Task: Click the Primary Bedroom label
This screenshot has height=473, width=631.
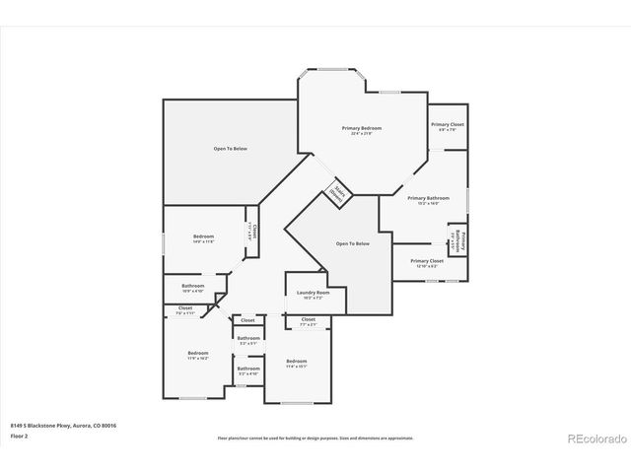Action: [362, 128]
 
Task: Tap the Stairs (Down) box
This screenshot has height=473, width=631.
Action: [338, 193]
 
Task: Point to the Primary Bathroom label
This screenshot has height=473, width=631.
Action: [428, 198]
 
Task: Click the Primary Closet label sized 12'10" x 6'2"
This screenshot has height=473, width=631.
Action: [426, 261]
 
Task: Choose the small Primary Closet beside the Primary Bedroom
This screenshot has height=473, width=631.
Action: [447, 125]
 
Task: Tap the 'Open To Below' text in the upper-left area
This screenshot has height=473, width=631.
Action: [231, 148]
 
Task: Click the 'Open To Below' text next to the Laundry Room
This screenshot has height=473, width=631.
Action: [352, 243]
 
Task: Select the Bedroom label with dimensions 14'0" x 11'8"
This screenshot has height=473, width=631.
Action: [203, 236]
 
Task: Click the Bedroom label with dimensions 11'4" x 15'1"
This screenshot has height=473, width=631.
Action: [297, 362]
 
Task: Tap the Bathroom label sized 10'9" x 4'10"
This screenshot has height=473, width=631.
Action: [192, 287]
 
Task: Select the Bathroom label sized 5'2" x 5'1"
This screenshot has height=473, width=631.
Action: [247, 338]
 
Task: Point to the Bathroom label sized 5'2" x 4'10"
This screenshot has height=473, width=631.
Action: [247, 370]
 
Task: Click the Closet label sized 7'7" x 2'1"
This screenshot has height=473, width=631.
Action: [308, 319]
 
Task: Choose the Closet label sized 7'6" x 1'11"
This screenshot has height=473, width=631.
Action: [185, 308]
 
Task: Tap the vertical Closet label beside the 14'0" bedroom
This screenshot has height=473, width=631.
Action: [252, 233]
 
